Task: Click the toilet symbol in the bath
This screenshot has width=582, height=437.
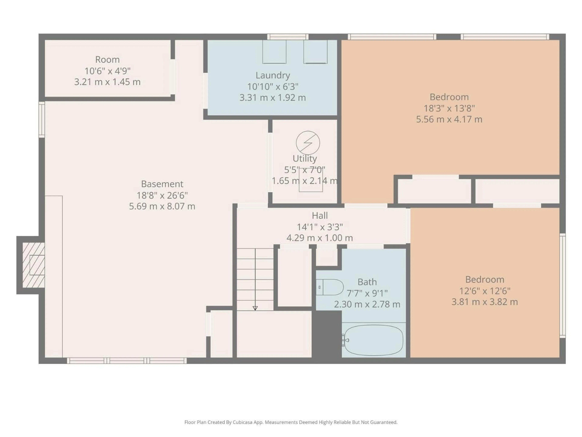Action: coord(330,287)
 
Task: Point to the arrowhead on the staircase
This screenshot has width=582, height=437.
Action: coord(255,308)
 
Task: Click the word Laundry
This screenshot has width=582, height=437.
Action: coord(273,75)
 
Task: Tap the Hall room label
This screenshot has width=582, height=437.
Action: coord(320,215)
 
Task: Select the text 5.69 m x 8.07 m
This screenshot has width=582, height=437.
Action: coord(162,206)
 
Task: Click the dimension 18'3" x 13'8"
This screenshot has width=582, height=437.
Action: coord(449,108)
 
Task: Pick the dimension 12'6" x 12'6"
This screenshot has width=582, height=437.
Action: coord(485,291)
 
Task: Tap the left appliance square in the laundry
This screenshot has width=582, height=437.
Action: coord(274,52)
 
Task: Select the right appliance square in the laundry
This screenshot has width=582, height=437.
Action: coord(315,52)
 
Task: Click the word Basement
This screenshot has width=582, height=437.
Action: coord(162,184)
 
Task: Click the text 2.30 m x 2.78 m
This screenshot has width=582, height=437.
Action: coord(367,304)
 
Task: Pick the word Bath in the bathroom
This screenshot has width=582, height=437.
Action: coord(367,282)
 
